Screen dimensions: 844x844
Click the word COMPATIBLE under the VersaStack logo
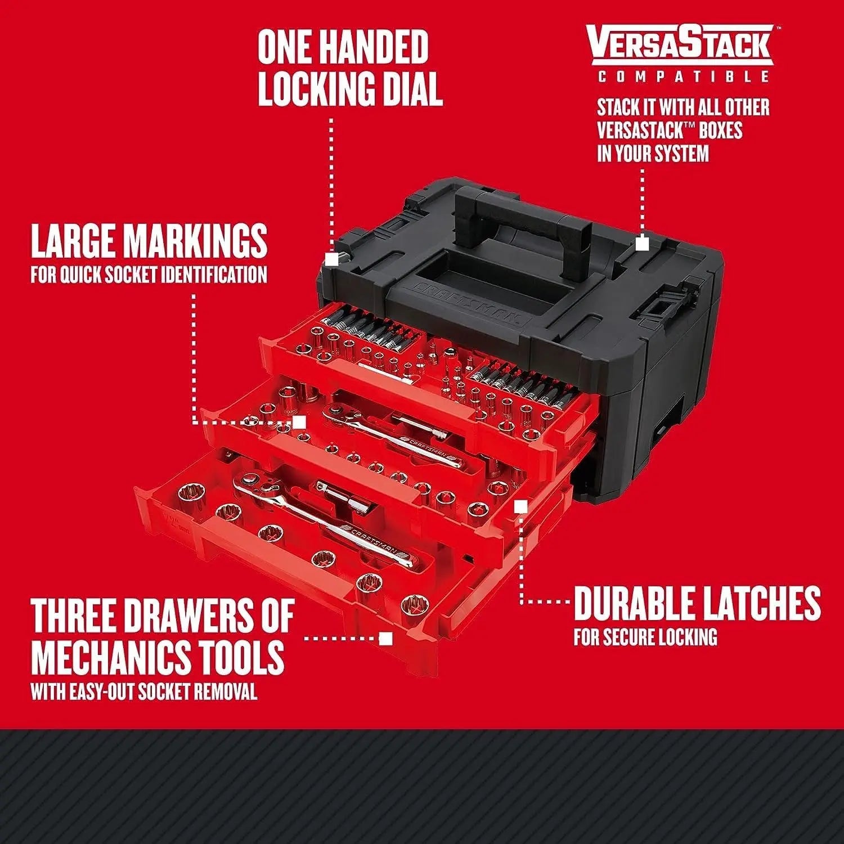click(683, 77)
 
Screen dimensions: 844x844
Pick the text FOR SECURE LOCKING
click(645, 637)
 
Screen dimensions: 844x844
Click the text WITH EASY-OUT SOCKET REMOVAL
click(144, 692)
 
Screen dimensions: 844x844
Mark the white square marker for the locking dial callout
click(332, 258)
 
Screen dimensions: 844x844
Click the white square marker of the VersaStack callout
click(642, 244)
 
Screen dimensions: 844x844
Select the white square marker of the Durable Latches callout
click(521, 507)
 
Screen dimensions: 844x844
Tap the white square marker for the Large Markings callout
click(299, 422)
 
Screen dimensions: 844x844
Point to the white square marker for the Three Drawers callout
click(385, 639)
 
